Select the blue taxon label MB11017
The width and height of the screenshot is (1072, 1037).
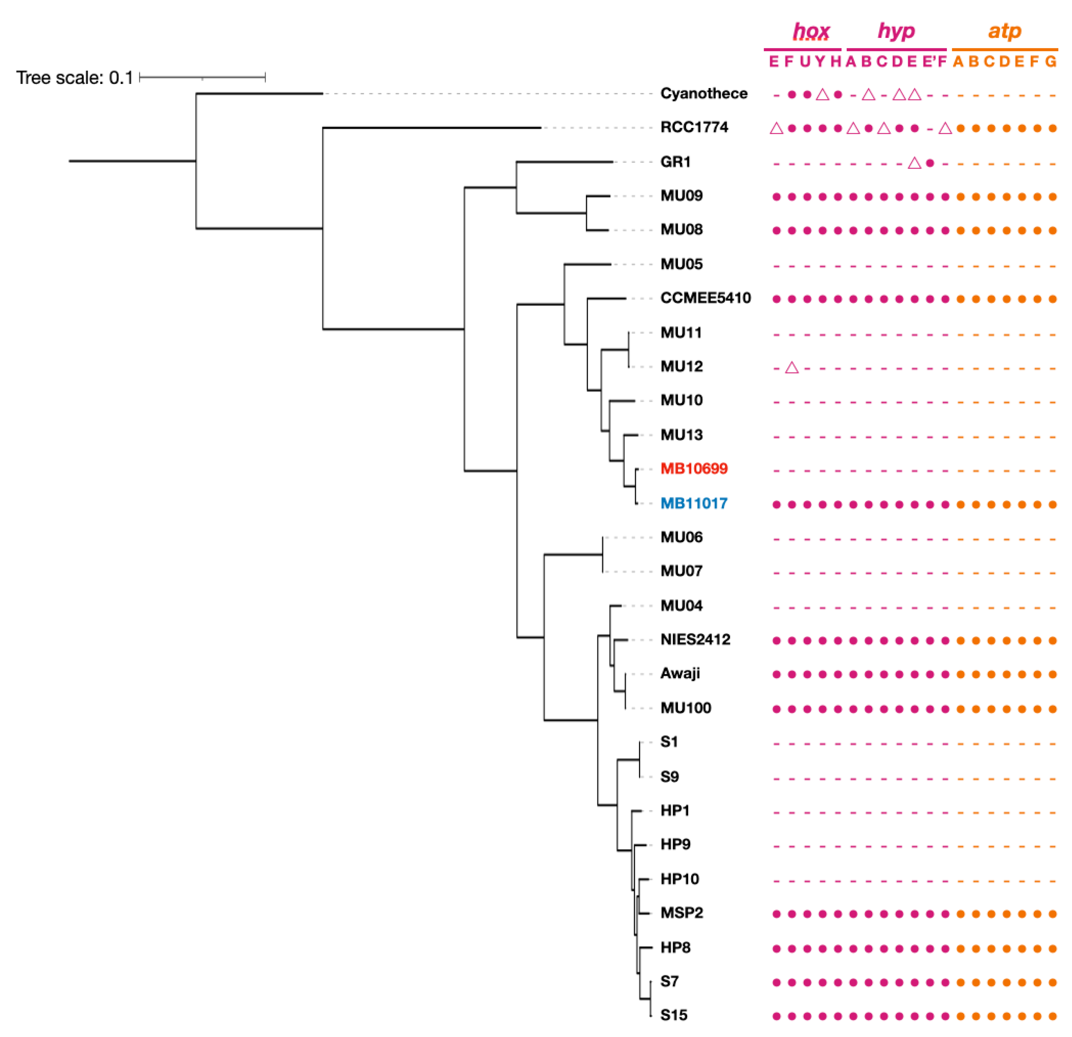(693, 503)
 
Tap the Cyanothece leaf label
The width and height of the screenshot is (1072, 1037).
(703, 94)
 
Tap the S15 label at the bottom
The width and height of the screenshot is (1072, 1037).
(673, 1015)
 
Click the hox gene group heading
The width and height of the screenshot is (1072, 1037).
(811, 32)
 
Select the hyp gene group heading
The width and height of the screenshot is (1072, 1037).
(896, 31)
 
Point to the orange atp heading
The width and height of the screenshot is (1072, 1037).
(1004, 31)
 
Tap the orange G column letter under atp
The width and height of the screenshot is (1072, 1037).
(1051, 61)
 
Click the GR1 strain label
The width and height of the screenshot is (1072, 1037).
(675, 162)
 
